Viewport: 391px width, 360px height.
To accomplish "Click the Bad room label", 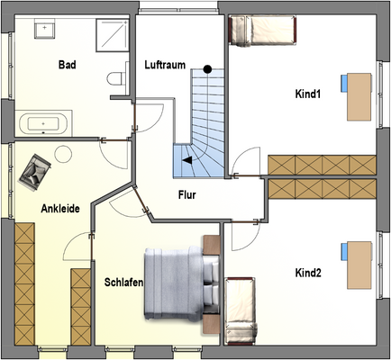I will (x=67, y=65).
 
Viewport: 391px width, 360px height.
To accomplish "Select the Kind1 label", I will (x=308, y=94).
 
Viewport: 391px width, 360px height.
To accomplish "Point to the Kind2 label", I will (x=308, y=272).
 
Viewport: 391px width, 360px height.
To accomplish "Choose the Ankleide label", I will (x=60, y=209).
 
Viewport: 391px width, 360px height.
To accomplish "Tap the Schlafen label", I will (x=123, y=282).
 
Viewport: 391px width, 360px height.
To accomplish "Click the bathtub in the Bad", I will (x=42, y=123).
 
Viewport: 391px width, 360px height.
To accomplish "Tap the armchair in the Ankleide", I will (x=36, y=170).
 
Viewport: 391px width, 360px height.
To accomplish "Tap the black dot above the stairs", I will (x=207, y=68).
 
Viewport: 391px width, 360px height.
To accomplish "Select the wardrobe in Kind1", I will (x=320, y=166).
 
